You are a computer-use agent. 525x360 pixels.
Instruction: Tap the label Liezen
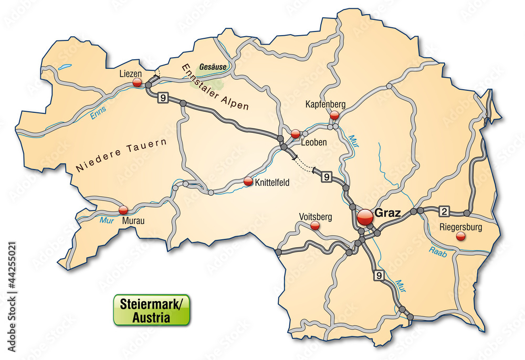click(x=131, y=73)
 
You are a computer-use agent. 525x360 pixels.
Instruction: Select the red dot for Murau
click(x=123, y=210)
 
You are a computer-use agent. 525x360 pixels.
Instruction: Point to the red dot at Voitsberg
click(x=315, y=226)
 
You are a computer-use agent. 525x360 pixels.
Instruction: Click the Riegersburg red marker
click(x=461, y=237)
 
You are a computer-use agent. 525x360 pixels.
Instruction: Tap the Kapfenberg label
click(x=325, y=104)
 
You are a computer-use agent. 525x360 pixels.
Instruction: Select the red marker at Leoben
click(x=296, y=133)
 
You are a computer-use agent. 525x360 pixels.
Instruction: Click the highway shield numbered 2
click(x=444, y=211)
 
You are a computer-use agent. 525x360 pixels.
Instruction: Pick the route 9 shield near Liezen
click(x=165, y=98)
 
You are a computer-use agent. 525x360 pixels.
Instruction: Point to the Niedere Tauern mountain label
click(x=121, y=156)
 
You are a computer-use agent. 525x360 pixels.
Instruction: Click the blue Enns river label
click(x=98, y=113)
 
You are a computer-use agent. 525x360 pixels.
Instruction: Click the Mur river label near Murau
click(x=107, y=220)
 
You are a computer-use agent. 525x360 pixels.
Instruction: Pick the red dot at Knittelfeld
click(x=248, y=181)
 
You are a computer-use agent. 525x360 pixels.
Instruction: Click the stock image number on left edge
click(x=12, y=297)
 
